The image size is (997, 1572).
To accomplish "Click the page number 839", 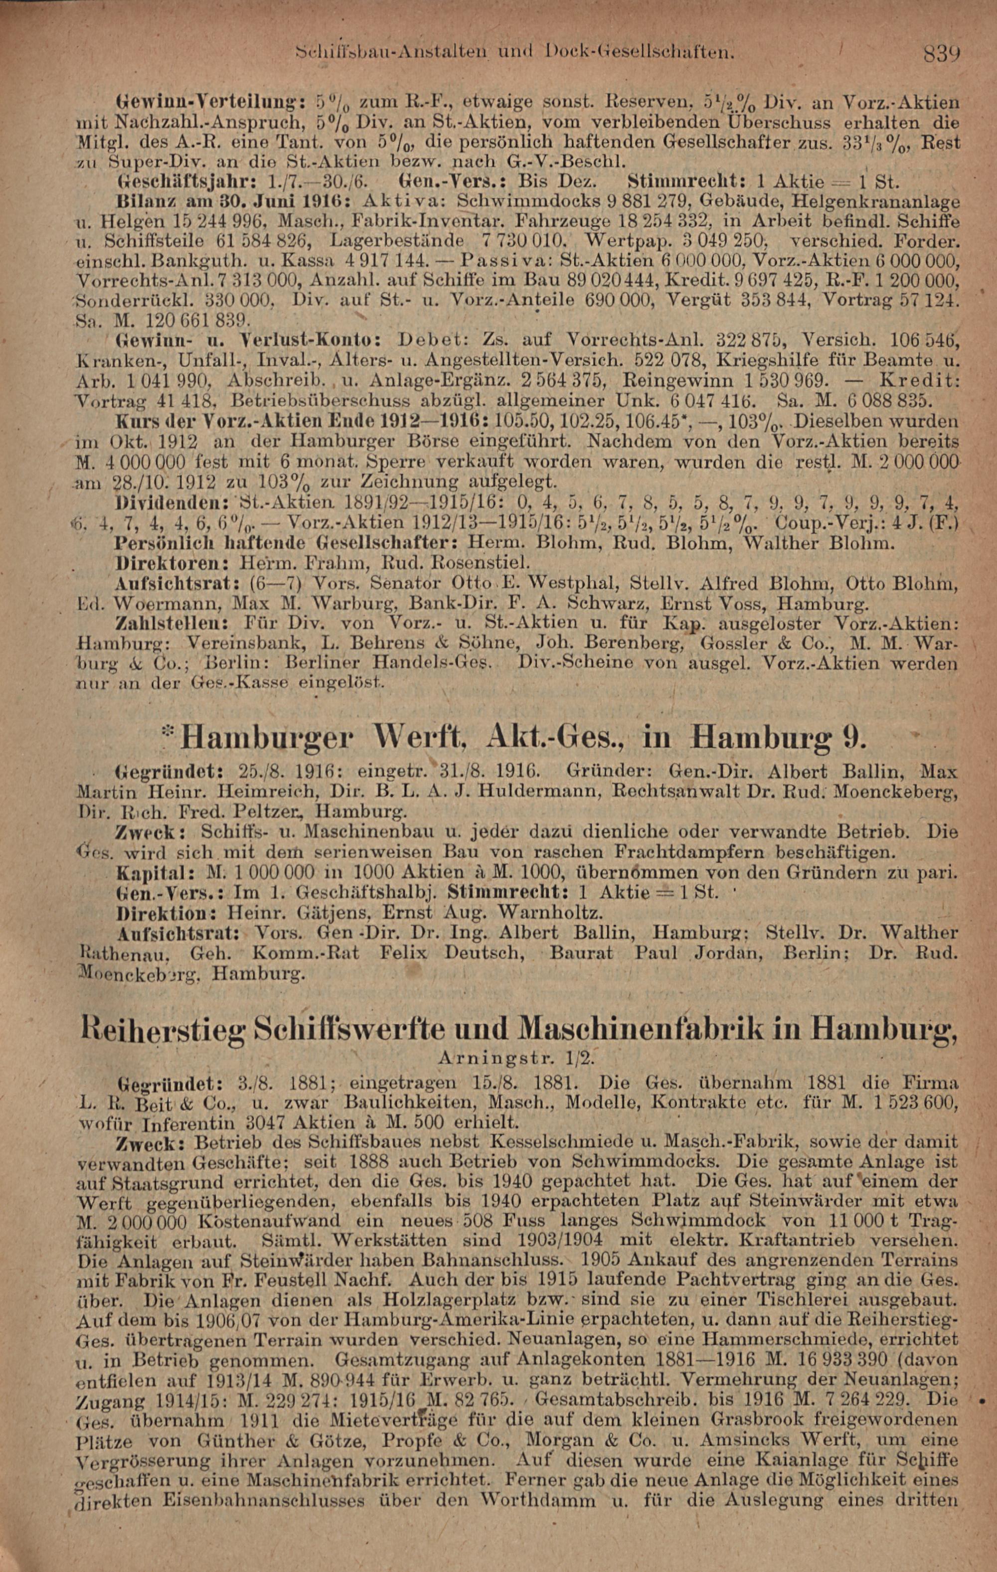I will click(941, 51).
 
